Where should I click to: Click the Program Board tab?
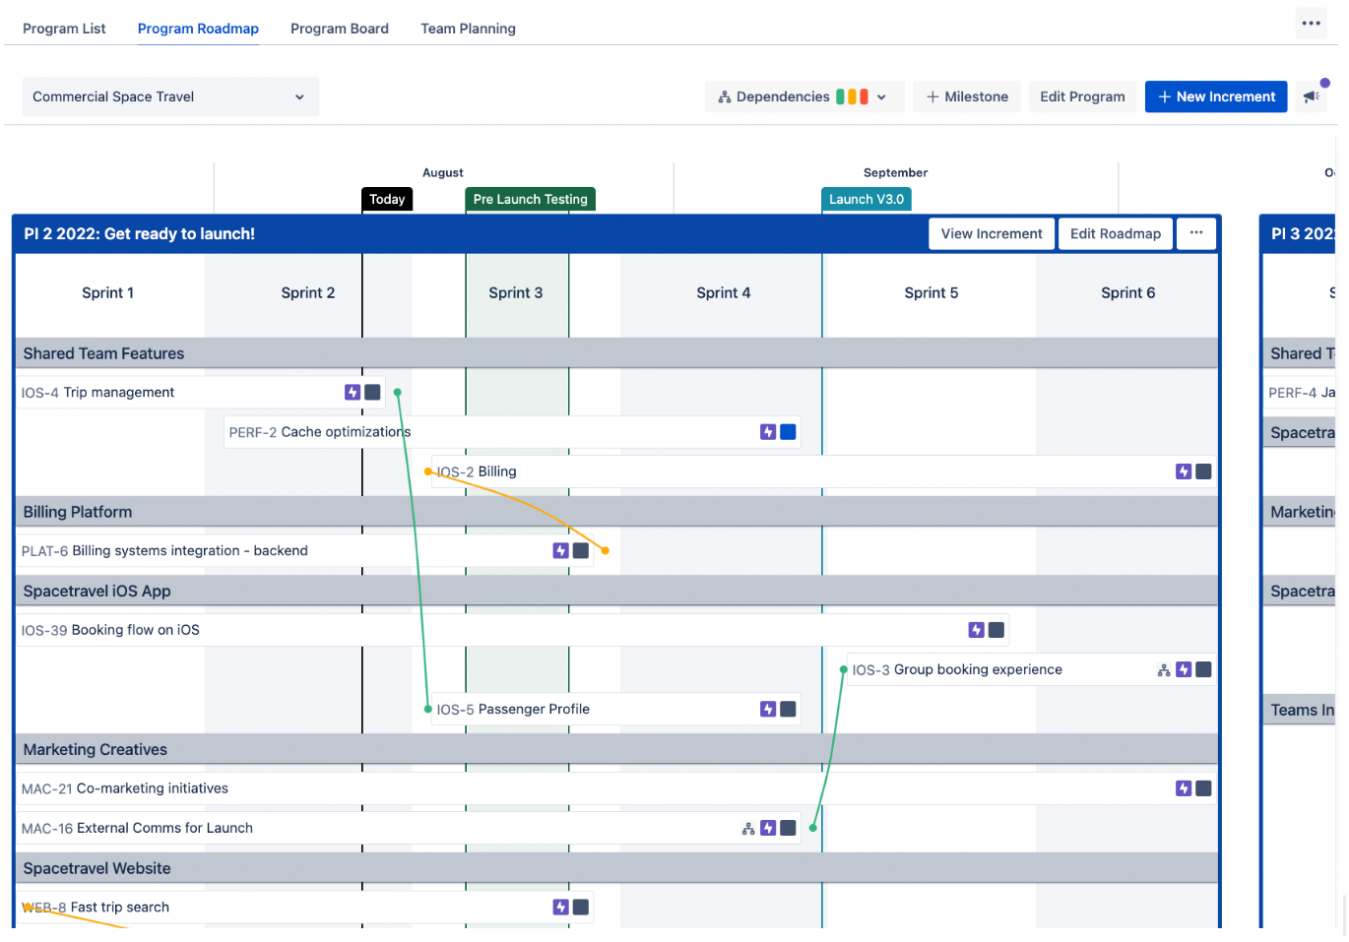(x=339, y=29)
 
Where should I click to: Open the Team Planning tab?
(x=468, y=29)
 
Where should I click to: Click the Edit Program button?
(x=1082, y=96)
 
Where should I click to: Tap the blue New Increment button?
(x=1216, y=96)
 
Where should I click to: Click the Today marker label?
(x=387, y=199)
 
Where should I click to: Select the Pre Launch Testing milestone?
(x=530, y=199)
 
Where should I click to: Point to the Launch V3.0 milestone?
(x=866, y=199)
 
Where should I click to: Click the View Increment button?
(x=991, y=233)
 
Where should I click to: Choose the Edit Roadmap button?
(x=1115, y=233)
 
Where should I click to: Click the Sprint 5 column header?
(x=931, y=292)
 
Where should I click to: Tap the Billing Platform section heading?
(x=78, y=512)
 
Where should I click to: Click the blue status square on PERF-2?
(x=788, y=432)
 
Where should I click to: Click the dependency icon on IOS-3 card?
(x=1164, y=669)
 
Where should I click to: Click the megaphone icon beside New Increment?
(x=1311, y=96)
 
